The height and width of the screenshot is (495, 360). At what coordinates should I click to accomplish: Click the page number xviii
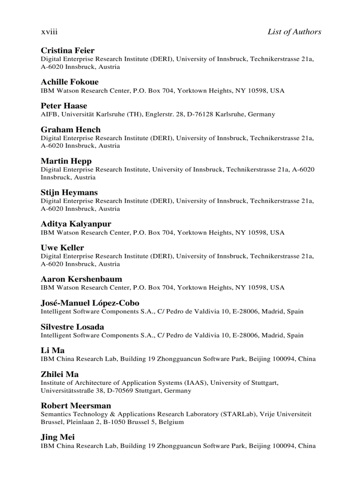pyautogui.click(x=49, y=32)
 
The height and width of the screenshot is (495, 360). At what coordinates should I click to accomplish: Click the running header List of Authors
pyautogui.click(x=294, y=32)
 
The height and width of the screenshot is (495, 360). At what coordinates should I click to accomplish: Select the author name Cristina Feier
pyautogui.click(x=67, y=50)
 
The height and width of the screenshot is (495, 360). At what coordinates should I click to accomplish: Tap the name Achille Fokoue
pyautogui.click(x=70, y=82)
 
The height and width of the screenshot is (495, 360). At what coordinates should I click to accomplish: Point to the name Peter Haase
pyautogui.click(x=64, y=106)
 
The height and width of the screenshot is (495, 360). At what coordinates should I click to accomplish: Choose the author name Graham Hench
pyautogui.click(x=71, y=130)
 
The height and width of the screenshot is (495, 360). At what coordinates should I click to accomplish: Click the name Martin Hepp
pyautogui.click(x=66, y=161)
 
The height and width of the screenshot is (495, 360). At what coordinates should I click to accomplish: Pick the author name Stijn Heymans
pyautogui.click(x=69, y=193)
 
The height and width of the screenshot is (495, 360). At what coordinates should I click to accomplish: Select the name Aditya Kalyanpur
pyautogui.click(x=76, y=224)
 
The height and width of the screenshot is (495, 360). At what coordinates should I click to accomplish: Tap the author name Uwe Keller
pyautogui.click(x=62, y=248)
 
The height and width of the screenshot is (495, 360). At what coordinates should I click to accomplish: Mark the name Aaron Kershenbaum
pyautogui.click(x=81, y=279)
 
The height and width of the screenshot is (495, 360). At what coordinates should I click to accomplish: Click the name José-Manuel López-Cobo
pyautogui.click(x=90, y=303)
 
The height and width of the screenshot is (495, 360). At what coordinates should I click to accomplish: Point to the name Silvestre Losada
pyautogui.click(x=72, y=327)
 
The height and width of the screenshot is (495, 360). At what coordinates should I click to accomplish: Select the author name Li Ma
pyautogui.click(x=52, y=350)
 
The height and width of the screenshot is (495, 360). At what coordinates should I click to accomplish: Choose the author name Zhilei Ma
pyautogui.click(x=60, y=374)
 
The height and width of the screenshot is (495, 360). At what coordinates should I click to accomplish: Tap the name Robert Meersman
pyautogui.click(x=76, y=406)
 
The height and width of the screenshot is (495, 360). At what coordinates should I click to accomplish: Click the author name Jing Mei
pyautogui.click(x=58, y=437)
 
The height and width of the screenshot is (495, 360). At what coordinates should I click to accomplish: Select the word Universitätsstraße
pyautogui.click(x=67, y=391)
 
